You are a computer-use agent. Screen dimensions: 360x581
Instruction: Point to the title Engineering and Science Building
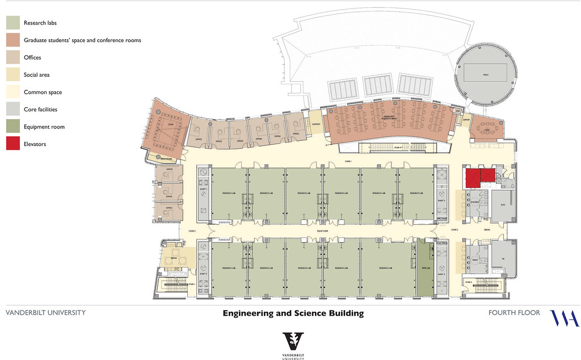point(293,313)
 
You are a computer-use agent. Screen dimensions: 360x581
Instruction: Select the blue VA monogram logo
point(565,318)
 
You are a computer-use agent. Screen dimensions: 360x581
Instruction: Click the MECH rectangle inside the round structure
point(486,73)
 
